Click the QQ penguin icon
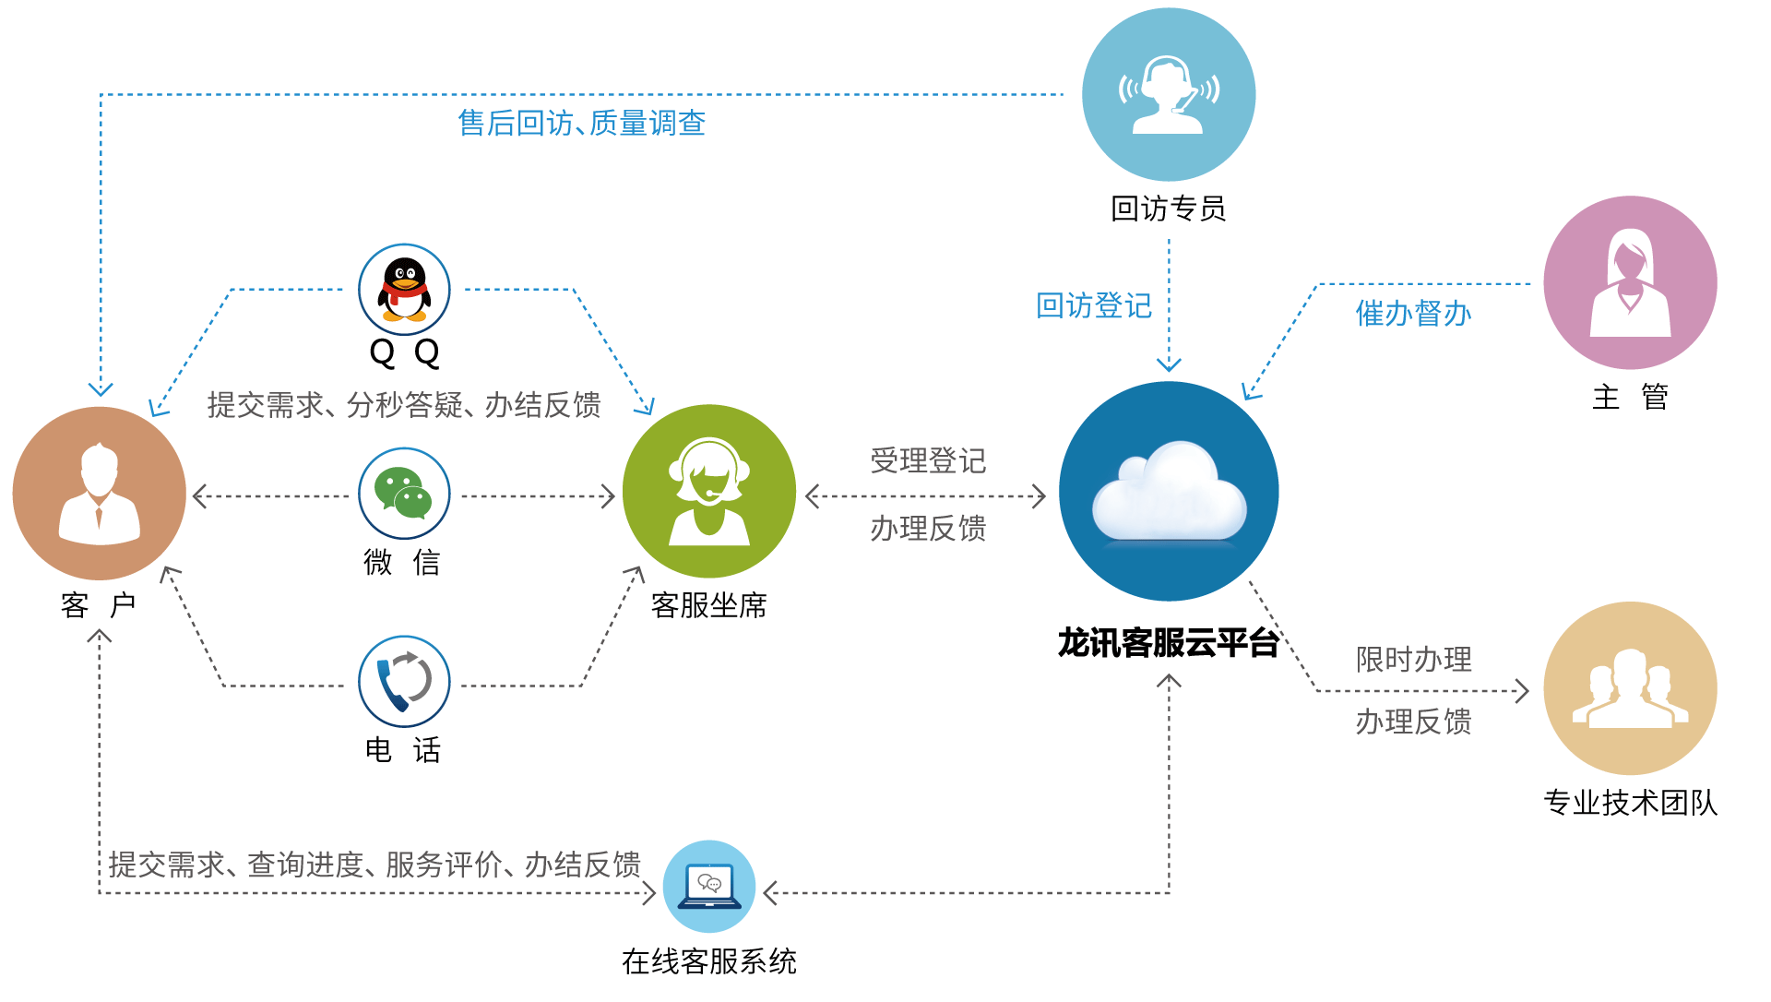[x=404, y=289]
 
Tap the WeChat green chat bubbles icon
[x=404, y=494]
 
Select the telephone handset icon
[x=404, y=682]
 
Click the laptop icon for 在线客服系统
[x=709, y=887]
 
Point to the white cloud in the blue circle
[x=1169, y=494]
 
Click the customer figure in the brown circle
[x=100, y=494]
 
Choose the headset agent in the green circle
[x=708, y=492]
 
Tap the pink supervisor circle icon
[x=1630, y=282]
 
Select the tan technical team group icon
[x=1630, y=688]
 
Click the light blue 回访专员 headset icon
[x=1169, y=94]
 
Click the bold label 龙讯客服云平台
[x=1168, y=643]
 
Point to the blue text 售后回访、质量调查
[x=582, y=123]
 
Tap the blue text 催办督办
[x=1413, y=314]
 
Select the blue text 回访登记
[x=1094, y=305]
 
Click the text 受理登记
[x=928, y=460]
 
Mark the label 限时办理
[x=1413, y=659]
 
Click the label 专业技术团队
[x=1630, y=803]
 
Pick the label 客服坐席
[x=708, y=605]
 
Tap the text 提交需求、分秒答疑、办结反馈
[x=404, y=404]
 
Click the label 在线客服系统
[x=708, y=961]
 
